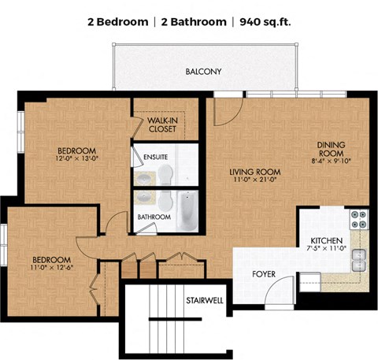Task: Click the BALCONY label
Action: click(x=203, y=72)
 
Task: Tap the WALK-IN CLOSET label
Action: click(x=162, y=124)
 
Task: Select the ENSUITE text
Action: click(x=155, y=157)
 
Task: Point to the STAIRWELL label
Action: click(x=205, y=300)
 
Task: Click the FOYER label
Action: click(x=264, y=274)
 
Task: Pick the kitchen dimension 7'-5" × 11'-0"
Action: click(x=327, y=248)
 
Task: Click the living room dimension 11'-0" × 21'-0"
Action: click(x=255, y=180)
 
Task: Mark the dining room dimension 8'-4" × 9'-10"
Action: click(x=331, y=161)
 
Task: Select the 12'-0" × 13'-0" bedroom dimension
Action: click(x=76, y=158)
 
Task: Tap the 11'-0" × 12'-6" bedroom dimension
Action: click(x=51, y=267)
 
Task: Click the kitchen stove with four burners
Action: click(x=359, y=219)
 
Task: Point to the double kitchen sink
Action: click(x=359, y=260)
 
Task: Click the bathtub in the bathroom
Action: click(x=187, y=210)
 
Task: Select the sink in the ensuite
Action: click(x=144, y=179)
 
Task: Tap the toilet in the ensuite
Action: click(x=165, y=175)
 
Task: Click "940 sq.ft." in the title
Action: click(x=265, y=22)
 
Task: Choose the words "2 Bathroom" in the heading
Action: click(x=194, y=22)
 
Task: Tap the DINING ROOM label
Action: click(x=331, y=149)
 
